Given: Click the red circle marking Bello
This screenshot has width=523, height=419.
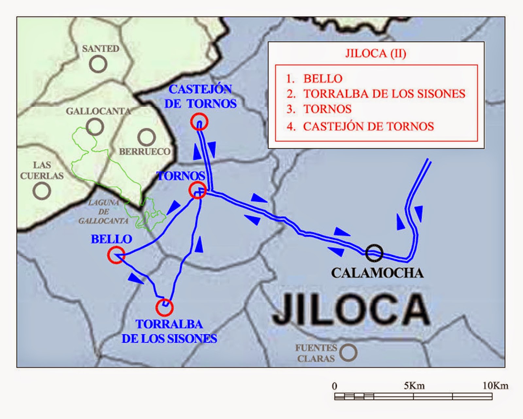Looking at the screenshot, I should click(x=116, y=255).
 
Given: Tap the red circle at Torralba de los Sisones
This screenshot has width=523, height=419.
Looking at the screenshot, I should click(x=164, y=307).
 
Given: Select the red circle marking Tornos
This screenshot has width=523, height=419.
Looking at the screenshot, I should click(x=197, y=190).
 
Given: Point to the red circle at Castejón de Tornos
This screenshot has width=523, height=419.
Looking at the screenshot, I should click(x=199, y=122).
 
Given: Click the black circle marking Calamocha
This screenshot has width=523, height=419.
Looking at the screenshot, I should click(x=374, y=253).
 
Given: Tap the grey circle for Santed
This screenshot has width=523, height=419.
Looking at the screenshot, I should click(x=98, y=64).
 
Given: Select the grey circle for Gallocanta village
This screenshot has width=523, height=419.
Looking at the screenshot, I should click(x=95, y=126).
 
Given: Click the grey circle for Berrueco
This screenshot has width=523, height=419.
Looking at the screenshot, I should click(x=146, y=137).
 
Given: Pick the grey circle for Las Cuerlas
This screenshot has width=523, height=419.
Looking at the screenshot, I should click(x=42, y=190).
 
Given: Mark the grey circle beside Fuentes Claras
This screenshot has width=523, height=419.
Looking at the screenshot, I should click(x=348, y=352).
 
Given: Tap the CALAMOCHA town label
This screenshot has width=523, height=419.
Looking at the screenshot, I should click(x=377, y=273).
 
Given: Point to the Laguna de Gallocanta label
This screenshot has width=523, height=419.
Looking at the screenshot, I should click(x=103, y=212).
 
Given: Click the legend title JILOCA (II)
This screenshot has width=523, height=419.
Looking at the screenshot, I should click(x=376, y=53).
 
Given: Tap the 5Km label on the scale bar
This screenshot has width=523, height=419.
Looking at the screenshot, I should click(x=414, y=386).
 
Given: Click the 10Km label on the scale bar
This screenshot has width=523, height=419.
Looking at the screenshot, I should click(x=495, y=386).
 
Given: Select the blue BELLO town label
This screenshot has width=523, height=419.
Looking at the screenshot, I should click(x=111, y=239).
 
